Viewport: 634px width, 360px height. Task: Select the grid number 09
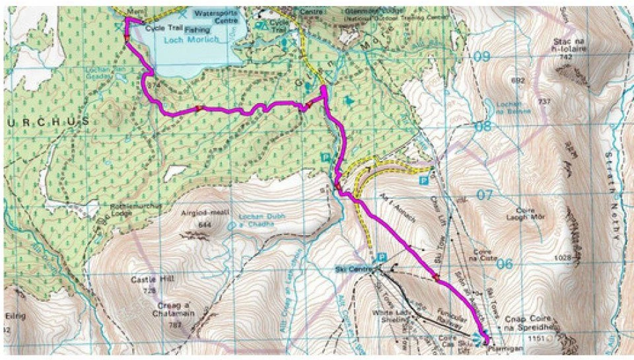[x=483, y=57]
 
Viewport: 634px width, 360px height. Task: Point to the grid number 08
[x=483, y=126]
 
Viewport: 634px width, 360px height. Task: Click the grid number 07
[x=485, y=196]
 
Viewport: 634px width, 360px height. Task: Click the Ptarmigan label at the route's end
[x=497, y=346]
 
